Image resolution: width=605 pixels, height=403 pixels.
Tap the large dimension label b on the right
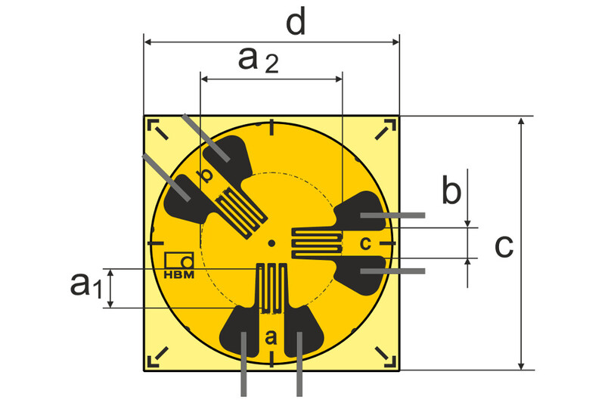coord(451,191)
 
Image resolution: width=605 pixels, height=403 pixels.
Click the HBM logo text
coord(179,274)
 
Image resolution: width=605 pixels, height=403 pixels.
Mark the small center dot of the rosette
coord(271,243)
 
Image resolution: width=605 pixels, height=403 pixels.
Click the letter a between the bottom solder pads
coord(271,337)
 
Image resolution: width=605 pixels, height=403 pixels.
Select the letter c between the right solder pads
coord(365,243)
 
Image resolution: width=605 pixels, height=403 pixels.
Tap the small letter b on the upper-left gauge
coord(203,176)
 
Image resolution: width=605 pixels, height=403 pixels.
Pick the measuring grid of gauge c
coord(317,243)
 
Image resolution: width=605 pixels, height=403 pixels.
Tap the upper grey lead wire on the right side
coord(393,216)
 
